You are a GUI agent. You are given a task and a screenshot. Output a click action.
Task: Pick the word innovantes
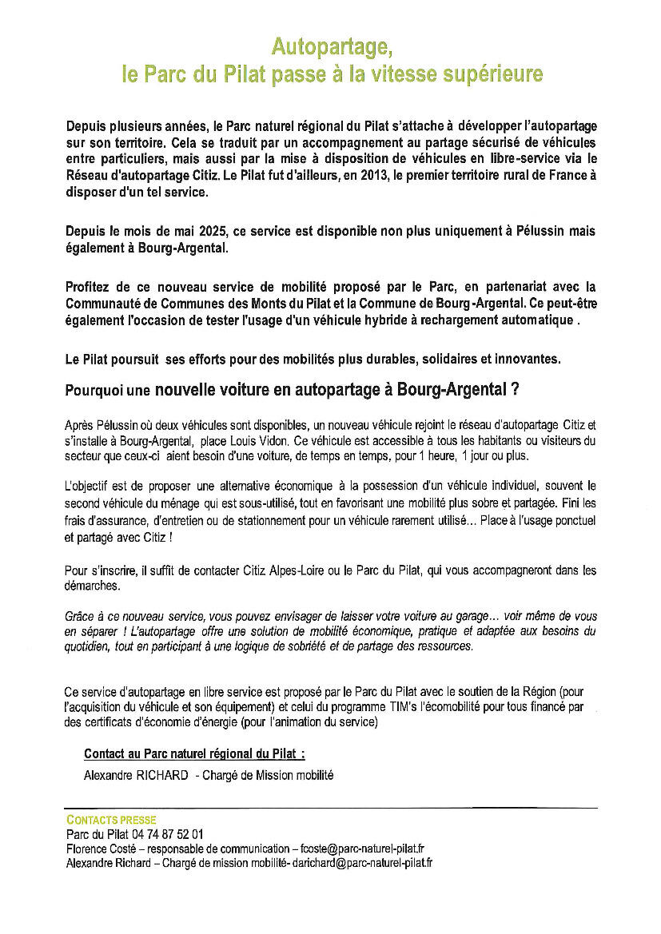524,359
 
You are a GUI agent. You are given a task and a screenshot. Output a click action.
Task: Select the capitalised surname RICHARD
159,775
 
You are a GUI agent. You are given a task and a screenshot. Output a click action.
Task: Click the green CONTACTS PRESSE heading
112,820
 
